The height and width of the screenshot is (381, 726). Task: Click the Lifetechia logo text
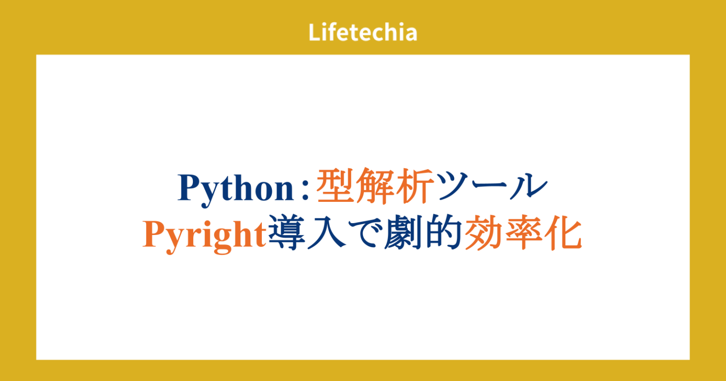tap(363, 33)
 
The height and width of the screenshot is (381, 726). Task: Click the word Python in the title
tap(236, 189)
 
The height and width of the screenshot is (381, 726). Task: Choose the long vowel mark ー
tap(490, 188)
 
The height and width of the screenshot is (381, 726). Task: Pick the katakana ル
tap(527, 188)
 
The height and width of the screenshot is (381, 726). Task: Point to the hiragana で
tap(364, 235)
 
